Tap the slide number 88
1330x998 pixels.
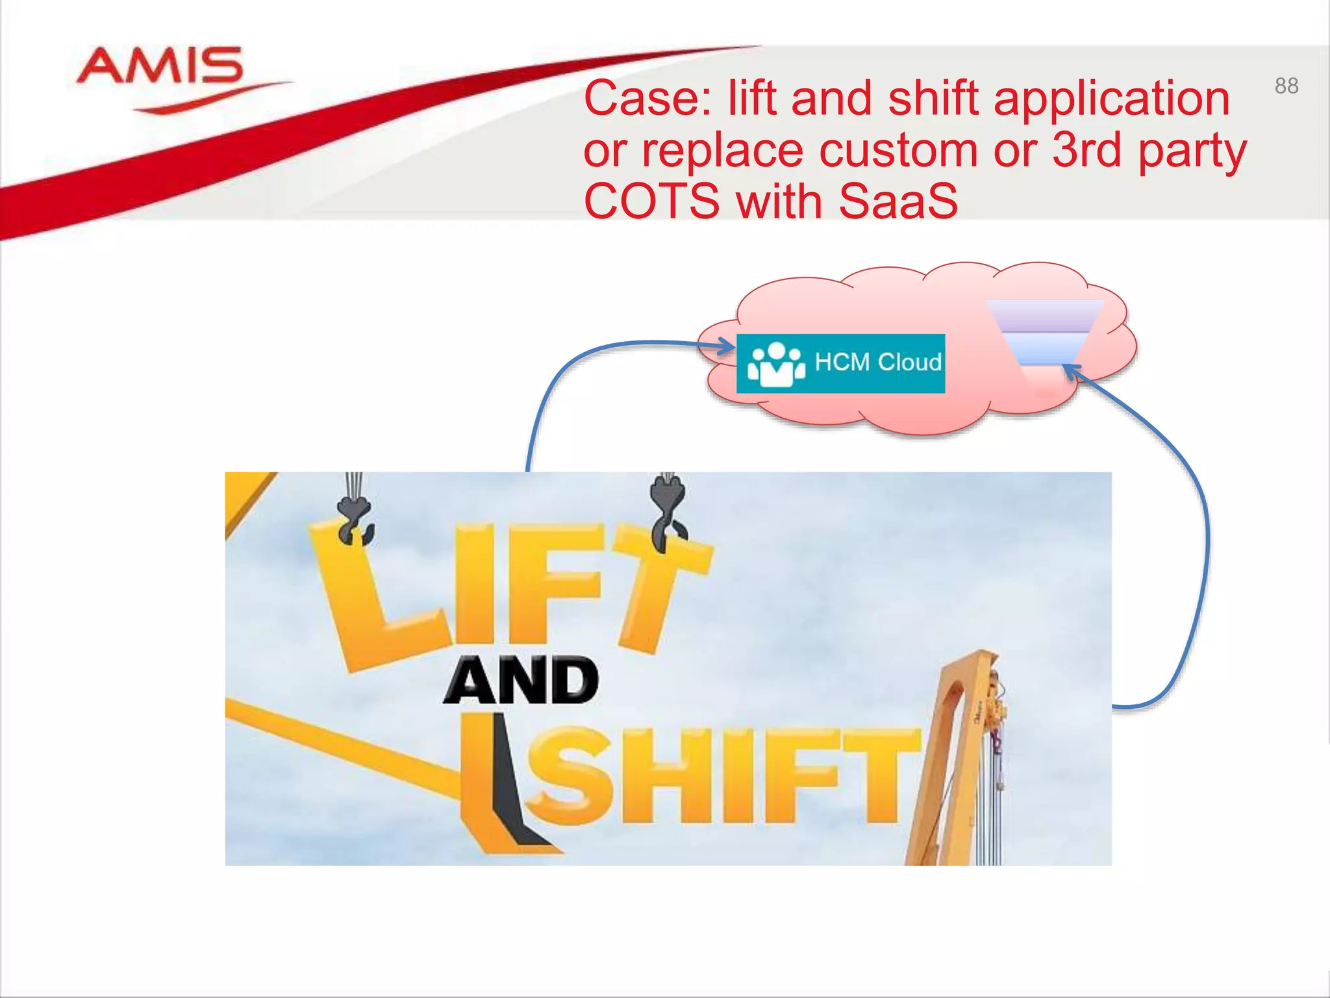(1286, 86)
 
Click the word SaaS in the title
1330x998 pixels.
(897, 201)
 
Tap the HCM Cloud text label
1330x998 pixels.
(877, 362)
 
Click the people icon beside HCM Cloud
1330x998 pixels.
(775, 364)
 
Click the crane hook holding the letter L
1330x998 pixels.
(355, 520)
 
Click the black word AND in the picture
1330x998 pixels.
(521, 680)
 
